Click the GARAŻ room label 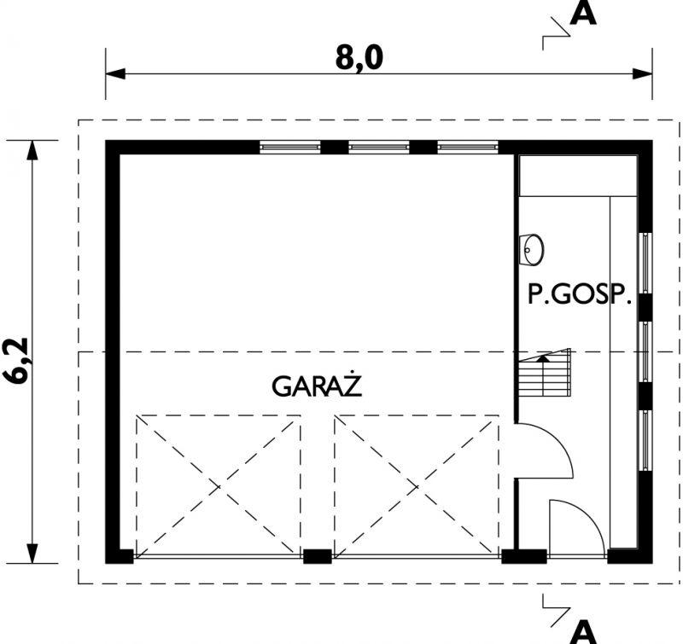coord(318,386)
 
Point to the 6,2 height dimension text coord(19,362)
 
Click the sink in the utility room coord(533,248)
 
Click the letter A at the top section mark coord(583,15)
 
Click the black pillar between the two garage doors coord(317,557)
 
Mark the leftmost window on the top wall coord(290,147)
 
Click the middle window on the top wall coord(379,147)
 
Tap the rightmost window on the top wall coord(468,147)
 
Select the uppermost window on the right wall coord(646,262)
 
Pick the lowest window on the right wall coord(646,440)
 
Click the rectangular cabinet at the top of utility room coord(578,175)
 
